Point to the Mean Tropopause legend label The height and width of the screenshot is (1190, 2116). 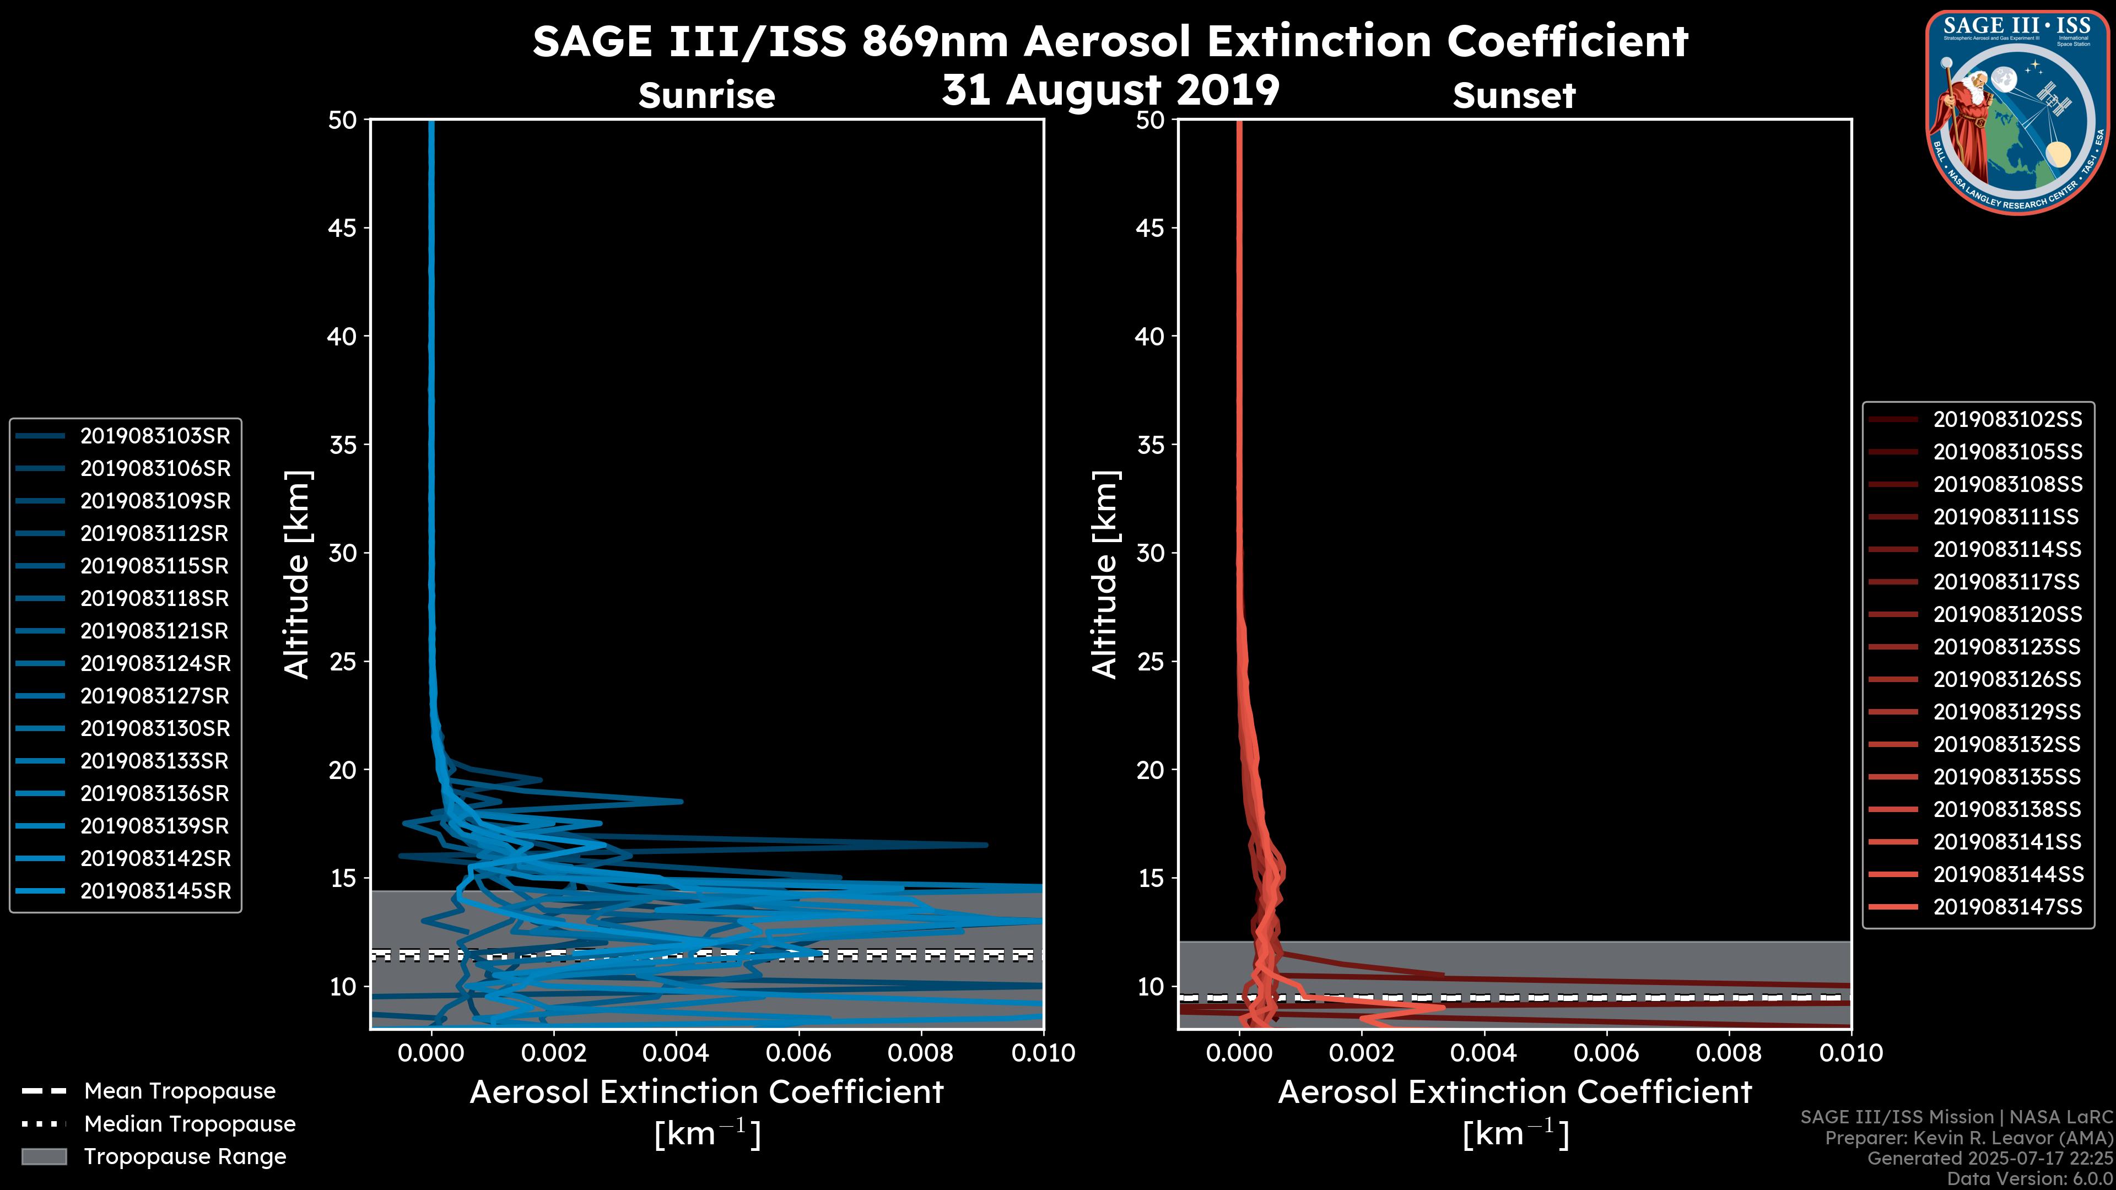180,1091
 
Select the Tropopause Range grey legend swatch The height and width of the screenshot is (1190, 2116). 44,1156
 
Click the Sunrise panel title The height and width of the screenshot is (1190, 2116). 706,96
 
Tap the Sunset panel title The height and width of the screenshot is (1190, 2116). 1514,96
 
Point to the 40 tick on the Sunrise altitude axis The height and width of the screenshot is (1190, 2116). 343,336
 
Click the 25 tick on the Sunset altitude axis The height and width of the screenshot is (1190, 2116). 1150,661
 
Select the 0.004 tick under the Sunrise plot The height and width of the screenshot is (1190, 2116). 675,1053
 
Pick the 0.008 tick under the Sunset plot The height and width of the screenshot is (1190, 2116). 1729,1053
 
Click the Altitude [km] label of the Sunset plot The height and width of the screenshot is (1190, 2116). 1105,575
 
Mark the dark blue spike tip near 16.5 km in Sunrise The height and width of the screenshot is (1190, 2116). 986,844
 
